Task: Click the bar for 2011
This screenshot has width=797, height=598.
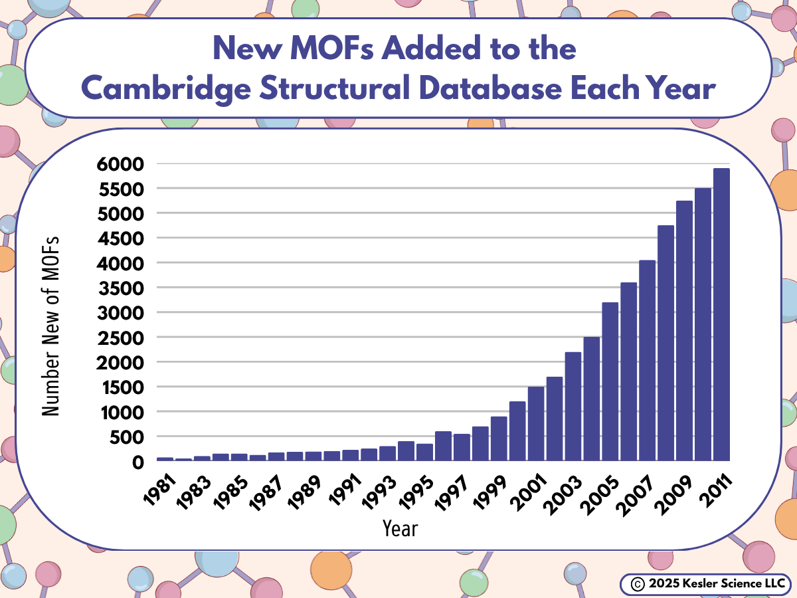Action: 721,315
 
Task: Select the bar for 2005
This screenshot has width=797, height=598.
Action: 610,382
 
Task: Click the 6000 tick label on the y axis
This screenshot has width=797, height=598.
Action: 122,163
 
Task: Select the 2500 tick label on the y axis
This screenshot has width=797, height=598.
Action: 122,338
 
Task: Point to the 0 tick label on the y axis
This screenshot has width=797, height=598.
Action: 138,462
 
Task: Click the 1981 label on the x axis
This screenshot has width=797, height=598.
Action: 160,486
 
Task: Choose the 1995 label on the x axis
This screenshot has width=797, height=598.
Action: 420,486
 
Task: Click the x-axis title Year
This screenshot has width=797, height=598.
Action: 400,529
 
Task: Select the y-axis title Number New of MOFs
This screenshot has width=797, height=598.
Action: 51,326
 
